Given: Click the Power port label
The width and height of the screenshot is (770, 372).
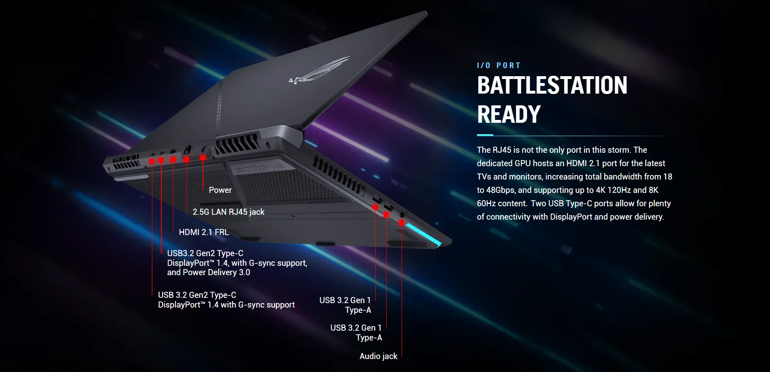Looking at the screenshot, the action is pos(220,190).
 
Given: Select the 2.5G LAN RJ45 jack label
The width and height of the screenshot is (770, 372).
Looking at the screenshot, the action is pos(228,212).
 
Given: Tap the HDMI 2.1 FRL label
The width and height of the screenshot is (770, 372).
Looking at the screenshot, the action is pos(203,232).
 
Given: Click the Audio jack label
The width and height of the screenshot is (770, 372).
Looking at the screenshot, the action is pos(378,356).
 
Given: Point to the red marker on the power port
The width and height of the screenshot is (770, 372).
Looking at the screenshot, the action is pos(203,157).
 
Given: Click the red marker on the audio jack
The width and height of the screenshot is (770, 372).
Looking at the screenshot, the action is pos(401,222).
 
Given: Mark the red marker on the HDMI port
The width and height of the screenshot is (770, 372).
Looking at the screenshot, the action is pos(173,160).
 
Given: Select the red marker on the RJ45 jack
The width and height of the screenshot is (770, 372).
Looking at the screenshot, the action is pos(186,159).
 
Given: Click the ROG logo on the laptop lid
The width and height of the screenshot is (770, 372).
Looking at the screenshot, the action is pos(320,71).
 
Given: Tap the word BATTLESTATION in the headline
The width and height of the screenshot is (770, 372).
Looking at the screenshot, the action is pos(552,86).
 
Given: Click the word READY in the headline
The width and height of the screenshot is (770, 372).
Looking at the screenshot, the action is pos(509,114).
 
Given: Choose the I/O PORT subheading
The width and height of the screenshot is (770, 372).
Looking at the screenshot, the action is pos(498,66).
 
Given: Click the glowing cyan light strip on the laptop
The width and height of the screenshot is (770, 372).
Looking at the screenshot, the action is pos(424,234).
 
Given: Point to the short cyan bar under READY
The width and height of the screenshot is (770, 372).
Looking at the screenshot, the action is pos(485,135).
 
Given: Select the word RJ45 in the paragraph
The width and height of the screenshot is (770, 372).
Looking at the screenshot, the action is pos(502,150).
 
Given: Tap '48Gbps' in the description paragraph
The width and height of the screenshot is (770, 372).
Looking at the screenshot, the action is pos(500,190).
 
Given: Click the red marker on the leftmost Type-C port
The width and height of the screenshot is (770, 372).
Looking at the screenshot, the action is pos(152,161).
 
